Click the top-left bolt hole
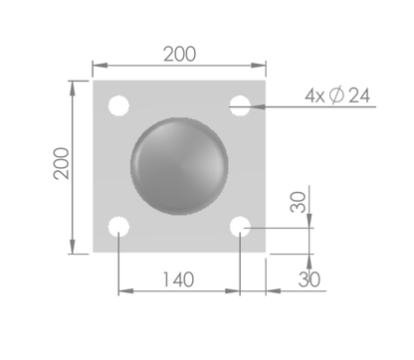pyautogui.click(x=118, y=105)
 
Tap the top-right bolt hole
pyautogui.click(x=240, y=105)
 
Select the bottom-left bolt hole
pyautogui.click(x=118, y=227)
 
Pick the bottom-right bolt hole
pyautogui.click(x=240, y=227)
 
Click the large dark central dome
pyautogui.click(x=179, y=166)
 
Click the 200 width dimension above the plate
pyautogui.click(x=179, y=55)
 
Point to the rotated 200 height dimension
pyautogui.click(x=61, y=163)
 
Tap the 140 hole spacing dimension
pyautogui.click(x=178, y=279)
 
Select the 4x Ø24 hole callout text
pyautogui.click(x=337, y=95)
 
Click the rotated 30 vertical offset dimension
pyautogui.click(x=298, y=202)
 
